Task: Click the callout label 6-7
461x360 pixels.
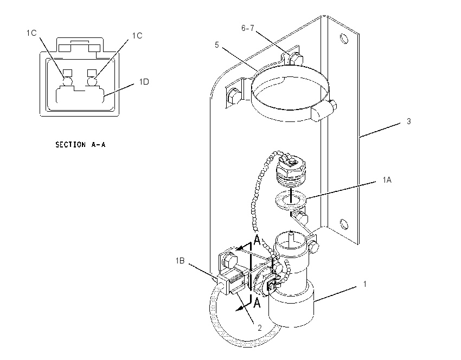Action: point(247,28)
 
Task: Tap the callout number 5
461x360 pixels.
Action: point(217,45)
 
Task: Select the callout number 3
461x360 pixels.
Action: point(409,121)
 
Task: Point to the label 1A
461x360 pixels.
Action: point(387,180)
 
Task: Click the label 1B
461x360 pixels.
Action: point(180,261)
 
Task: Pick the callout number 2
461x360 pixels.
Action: point(260,328)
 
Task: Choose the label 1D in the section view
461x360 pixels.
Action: point(144,82)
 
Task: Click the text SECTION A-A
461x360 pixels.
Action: point(80,145)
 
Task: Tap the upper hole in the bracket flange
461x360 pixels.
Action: point(344,38)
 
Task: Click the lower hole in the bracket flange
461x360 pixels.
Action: point(344,224)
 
